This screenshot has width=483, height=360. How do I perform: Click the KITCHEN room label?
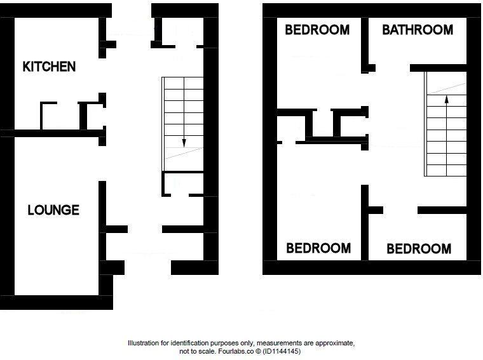click(49, 66)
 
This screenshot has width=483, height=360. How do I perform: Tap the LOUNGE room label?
click(53, 210)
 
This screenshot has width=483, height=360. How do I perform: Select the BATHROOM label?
click(418, 30)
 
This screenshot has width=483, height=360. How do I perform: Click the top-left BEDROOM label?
click(317, 30)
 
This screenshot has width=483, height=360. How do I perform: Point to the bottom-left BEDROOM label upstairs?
click(318, 248)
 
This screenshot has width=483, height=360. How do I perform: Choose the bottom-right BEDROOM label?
click(419, 248)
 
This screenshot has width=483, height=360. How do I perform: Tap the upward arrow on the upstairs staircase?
click(446, 100)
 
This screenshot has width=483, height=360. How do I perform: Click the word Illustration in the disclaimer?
click(144, 343)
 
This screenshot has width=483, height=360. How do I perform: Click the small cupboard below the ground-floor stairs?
click(182, 183)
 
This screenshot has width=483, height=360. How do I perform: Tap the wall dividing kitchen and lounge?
click(57, 133)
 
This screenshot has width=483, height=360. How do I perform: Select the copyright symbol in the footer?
click(257, 351)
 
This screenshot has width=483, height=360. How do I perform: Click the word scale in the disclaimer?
click(207, 351)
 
